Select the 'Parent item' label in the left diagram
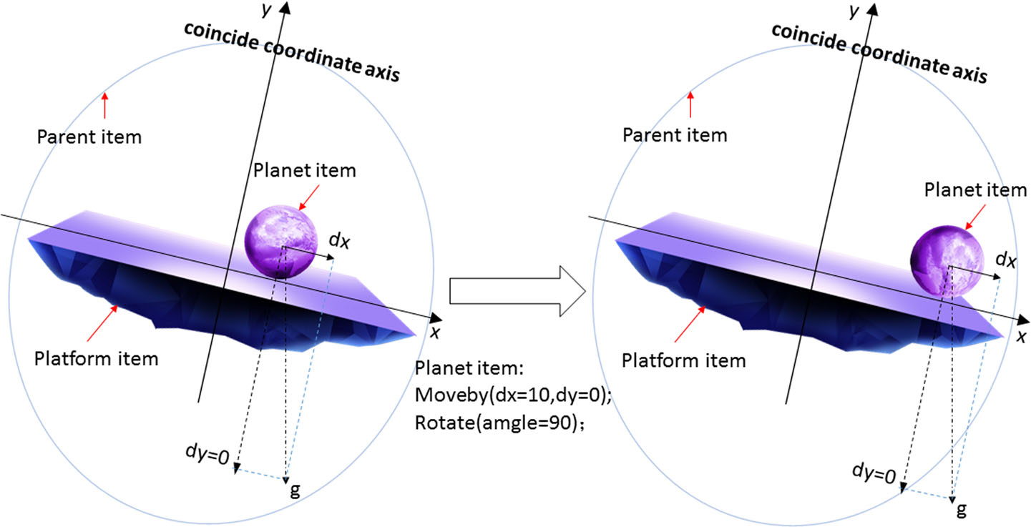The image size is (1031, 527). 89,136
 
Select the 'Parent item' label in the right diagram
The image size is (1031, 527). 675,134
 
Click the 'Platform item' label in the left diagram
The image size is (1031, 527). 96,358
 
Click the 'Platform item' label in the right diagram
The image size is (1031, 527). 683,360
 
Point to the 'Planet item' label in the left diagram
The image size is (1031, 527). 304,170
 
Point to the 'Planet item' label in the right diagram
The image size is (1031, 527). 976,190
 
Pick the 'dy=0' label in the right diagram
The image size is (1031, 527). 874,473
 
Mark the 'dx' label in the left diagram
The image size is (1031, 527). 339,241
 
